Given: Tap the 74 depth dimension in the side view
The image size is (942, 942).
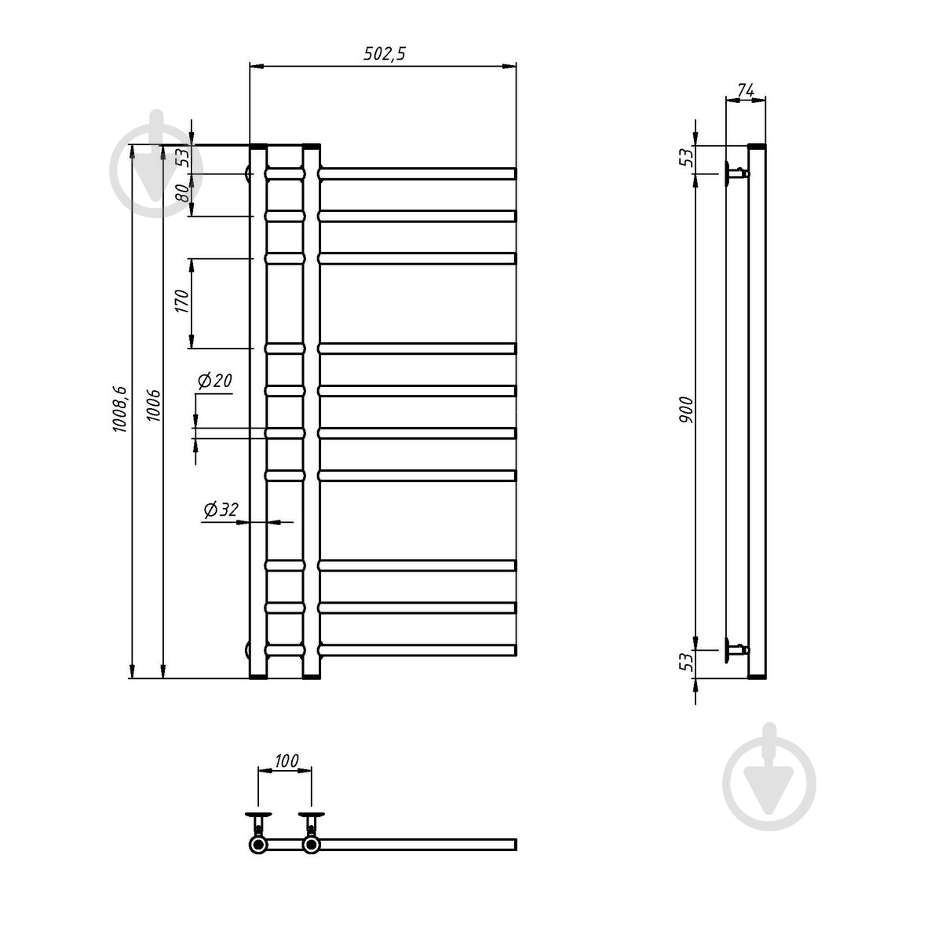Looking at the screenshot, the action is point(746,90).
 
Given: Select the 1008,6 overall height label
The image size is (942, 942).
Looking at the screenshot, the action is point(120,409).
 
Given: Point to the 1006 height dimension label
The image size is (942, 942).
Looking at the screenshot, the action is point(154,405).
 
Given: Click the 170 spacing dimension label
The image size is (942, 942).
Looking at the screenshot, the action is point(181,301).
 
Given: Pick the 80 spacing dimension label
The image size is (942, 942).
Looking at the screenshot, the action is point(182,193).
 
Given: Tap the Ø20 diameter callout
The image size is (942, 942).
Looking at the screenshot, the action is point(214,380).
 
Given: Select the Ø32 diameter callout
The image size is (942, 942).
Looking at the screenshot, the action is point(221,509).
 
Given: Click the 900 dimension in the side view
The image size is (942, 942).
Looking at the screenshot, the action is point(686,410).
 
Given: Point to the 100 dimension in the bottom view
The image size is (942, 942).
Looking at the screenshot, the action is point(287,761).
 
